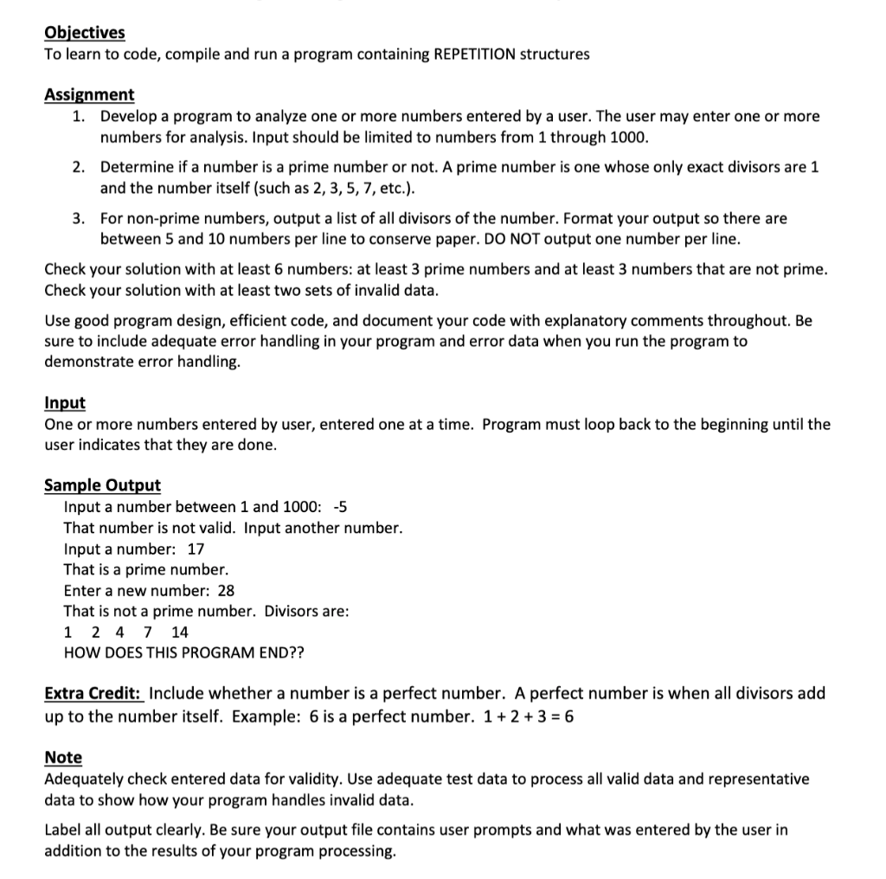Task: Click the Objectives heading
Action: click(85, 33)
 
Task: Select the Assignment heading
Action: click(89, 95)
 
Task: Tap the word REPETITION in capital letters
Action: click(473, 55)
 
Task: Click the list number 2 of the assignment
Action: click(78, 167)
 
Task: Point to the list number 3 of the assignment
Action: click(78, 219)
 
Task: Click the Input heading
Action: click(65, 403)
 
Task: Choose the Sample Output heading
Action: click(102, 485)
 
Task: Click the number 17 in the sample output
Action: click(196, 549)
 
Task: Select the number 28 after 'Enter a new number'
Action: click(226, 591)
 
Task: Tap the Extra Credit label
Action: click(94, 693)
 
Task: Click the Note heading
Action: click(63, 758)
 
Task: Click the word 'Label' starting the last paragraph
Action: click(63, 831)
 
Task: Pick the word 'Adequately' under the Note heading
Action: click(84, 779)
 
